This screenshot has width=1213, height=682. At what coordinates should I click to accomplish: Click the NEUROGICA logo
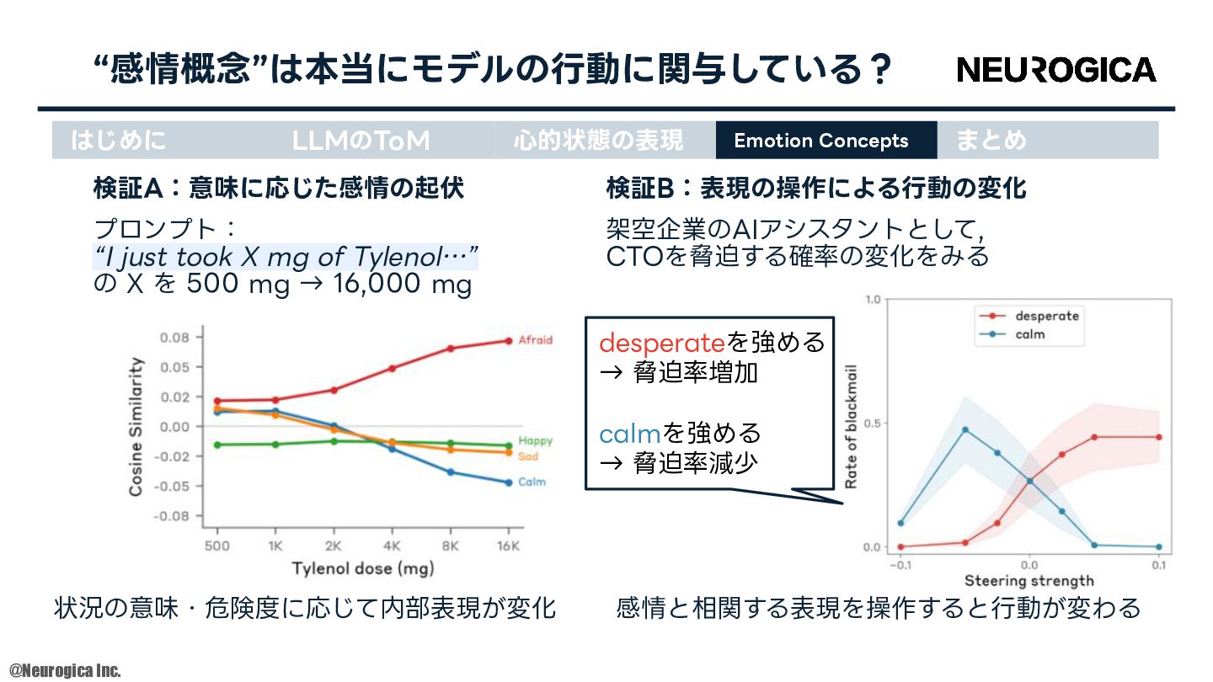pos(1056,70)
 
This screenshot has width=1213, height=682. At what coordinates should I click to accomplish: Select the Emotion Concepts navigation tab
pos(826,140)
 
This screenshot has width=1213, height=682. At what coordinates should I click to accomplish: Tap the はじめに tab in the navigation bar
pos(118,140)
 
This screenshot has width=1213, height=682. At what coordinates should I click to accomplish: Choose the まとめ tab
pos(991,140)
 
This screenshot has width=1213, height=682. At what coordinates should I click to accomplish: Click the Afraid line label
pos(535,340)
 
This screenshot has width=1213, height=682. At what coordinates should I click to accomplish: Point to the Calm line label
pos(532,482)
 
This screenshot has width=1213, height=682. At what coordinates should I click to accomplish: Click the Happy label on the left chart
pos(535,440)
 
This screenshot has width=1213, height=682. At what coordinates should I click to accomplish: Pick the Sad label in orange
pos(528,456)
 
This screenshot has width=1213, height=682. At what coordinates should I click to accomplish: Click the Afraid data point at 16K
pos(509,341)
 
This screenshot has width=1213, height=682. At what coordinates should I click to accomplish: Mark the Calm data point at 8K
pos(450,472)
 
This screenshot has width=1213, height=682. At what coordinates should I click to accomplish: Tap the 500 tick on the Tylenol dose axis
pos(217,546)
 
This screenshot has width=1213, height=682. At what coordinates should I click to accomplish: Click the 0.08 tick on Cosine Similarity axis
pos(174,338)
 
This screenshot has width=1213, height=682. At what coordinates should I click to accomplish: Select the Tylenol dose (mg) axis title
pos(363,568)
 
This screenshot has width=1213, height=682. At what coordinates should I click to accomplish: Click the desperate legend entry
pos(1029,316)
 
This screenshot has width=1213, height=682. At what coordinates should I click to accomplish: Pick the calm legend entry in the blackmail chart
pos(1013,334)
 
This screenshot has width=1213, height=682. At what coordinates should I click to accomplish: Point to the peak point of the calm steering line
pos(965,429)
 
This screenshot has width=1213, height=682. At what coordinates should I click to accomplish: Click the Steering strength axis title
pos(1029,581)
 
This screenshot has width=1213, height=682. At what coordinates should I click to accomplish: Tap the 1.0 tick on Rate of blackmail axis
pos(873,300)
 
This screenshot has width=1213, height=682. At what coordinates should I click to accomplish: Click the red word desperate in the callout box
pos(662,344)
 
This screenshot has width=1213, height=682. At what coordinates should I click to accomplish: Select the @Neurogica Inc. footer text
pos(65,670)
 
